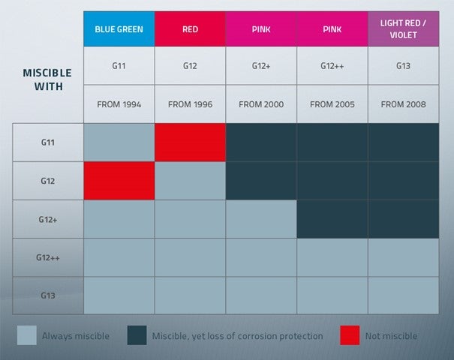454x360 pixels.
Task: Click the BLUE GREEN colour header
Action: click(x=119, y=29)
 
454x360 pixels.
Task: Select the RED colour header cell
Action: click(x=190, y=29)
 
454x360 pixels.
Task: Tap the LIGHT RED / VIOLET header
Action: click(x=403, y=29)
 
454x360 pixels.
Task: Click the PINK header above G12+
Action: click(x=261, y=29)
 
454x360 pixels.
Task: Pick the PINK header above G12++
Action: click(x=332, y=29)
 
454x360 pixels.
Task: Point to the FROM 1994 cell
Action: click(x=119, y=104)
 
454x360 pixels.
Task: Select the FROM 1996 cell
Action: click(x=190, y=104)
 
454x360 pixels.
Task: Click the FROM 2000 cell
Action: click(x=261, y=104)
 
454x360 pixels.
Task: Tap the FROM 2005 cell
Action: click(x=332, y=104)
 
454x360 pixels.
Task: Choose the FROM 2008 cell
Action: click(x=403, y=104)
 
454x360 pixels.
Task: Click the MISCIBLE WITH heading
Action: click(x=47, y=79)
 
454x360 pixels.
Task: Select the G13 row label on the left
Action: click(x=47, y=295)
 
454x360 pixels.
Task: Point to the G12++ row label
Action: click(x=47, y=257)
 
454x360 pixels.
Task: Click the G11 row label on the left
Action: click(x=47, y=142)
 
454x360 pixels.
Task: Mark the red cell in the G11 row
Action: click(x=190, y=142)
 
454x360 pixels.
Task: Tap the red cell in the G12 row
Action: click(x=119, y=181)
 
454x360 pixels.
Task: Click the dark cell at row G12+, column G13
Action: click(x=403, y=219)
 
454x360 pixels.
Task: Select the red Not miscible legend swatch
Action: click(x=350, y=336)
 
